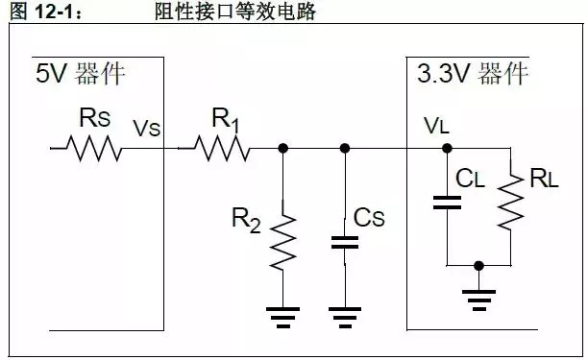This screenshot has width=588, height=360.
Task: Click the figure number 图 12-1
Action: coord(37,12)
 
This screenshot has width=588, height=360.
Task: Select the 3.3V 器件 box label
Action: coord(473,74)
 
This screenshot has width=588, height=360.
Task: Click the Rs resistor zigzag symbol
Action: coord(93,149)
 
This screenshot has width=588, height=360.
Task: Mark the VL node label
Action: coord(435,127)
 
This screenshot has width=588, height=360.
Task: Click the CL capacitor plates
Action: coord(447,202)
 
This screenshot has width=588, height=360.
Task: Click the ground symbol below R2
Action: coord(282,313)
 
